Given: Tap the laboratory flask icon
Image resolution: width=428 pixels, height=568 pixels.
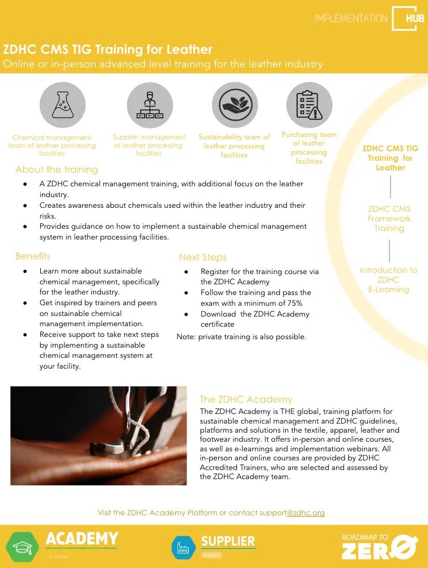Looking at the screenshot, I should (62, 105).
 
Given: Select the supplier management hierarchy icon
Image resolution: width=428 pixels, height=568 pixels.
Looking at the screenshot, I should (150, 105).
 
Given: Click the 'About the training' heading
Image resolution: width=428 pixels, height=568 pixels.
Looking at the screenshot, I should (57, 169).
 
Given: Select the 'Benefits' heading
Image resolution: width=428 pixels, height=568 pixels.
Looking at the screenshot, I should (33, 257).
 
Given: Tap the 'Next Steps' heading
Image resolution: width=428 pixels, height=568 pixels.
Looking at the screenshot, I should (202, 257).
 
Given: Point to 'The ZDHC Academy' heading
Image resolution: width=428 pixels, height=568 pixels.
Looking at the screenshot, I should (246, 399).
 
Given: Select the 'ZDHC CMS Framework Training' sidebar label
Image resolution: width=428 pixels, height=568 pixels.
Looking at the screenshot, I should (389, 219).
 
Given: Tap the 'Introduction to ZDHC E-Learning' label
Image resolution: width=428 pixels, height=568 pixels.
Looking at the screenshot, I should (388, 280).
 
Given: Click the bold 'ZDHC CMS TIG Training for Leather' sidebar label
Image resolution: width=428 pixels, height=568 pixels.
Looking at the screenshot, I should (390, 158).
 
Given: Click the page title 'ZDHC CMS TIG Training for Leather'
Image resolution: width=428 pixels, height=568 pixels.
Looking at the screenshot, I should (108, 49).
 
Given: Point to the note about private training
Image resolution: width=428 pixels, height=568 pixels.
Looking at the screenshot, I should (241, 337).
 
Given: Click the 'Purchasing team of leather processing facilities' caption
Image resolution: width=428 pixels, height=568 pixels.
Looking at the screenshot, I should (309, 148).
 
